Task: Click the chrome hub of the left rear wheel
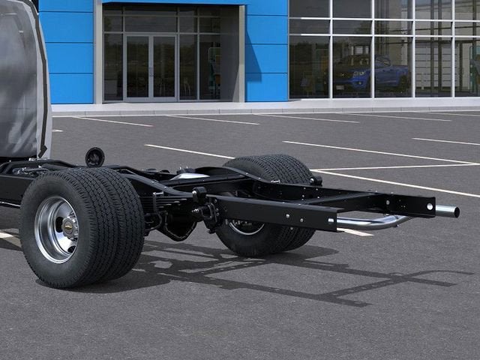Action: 58,228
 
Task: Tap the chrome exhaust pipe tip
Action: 448,211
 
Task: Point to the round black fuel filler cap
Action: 94,157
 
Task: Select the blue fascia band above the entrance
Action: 172,1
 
